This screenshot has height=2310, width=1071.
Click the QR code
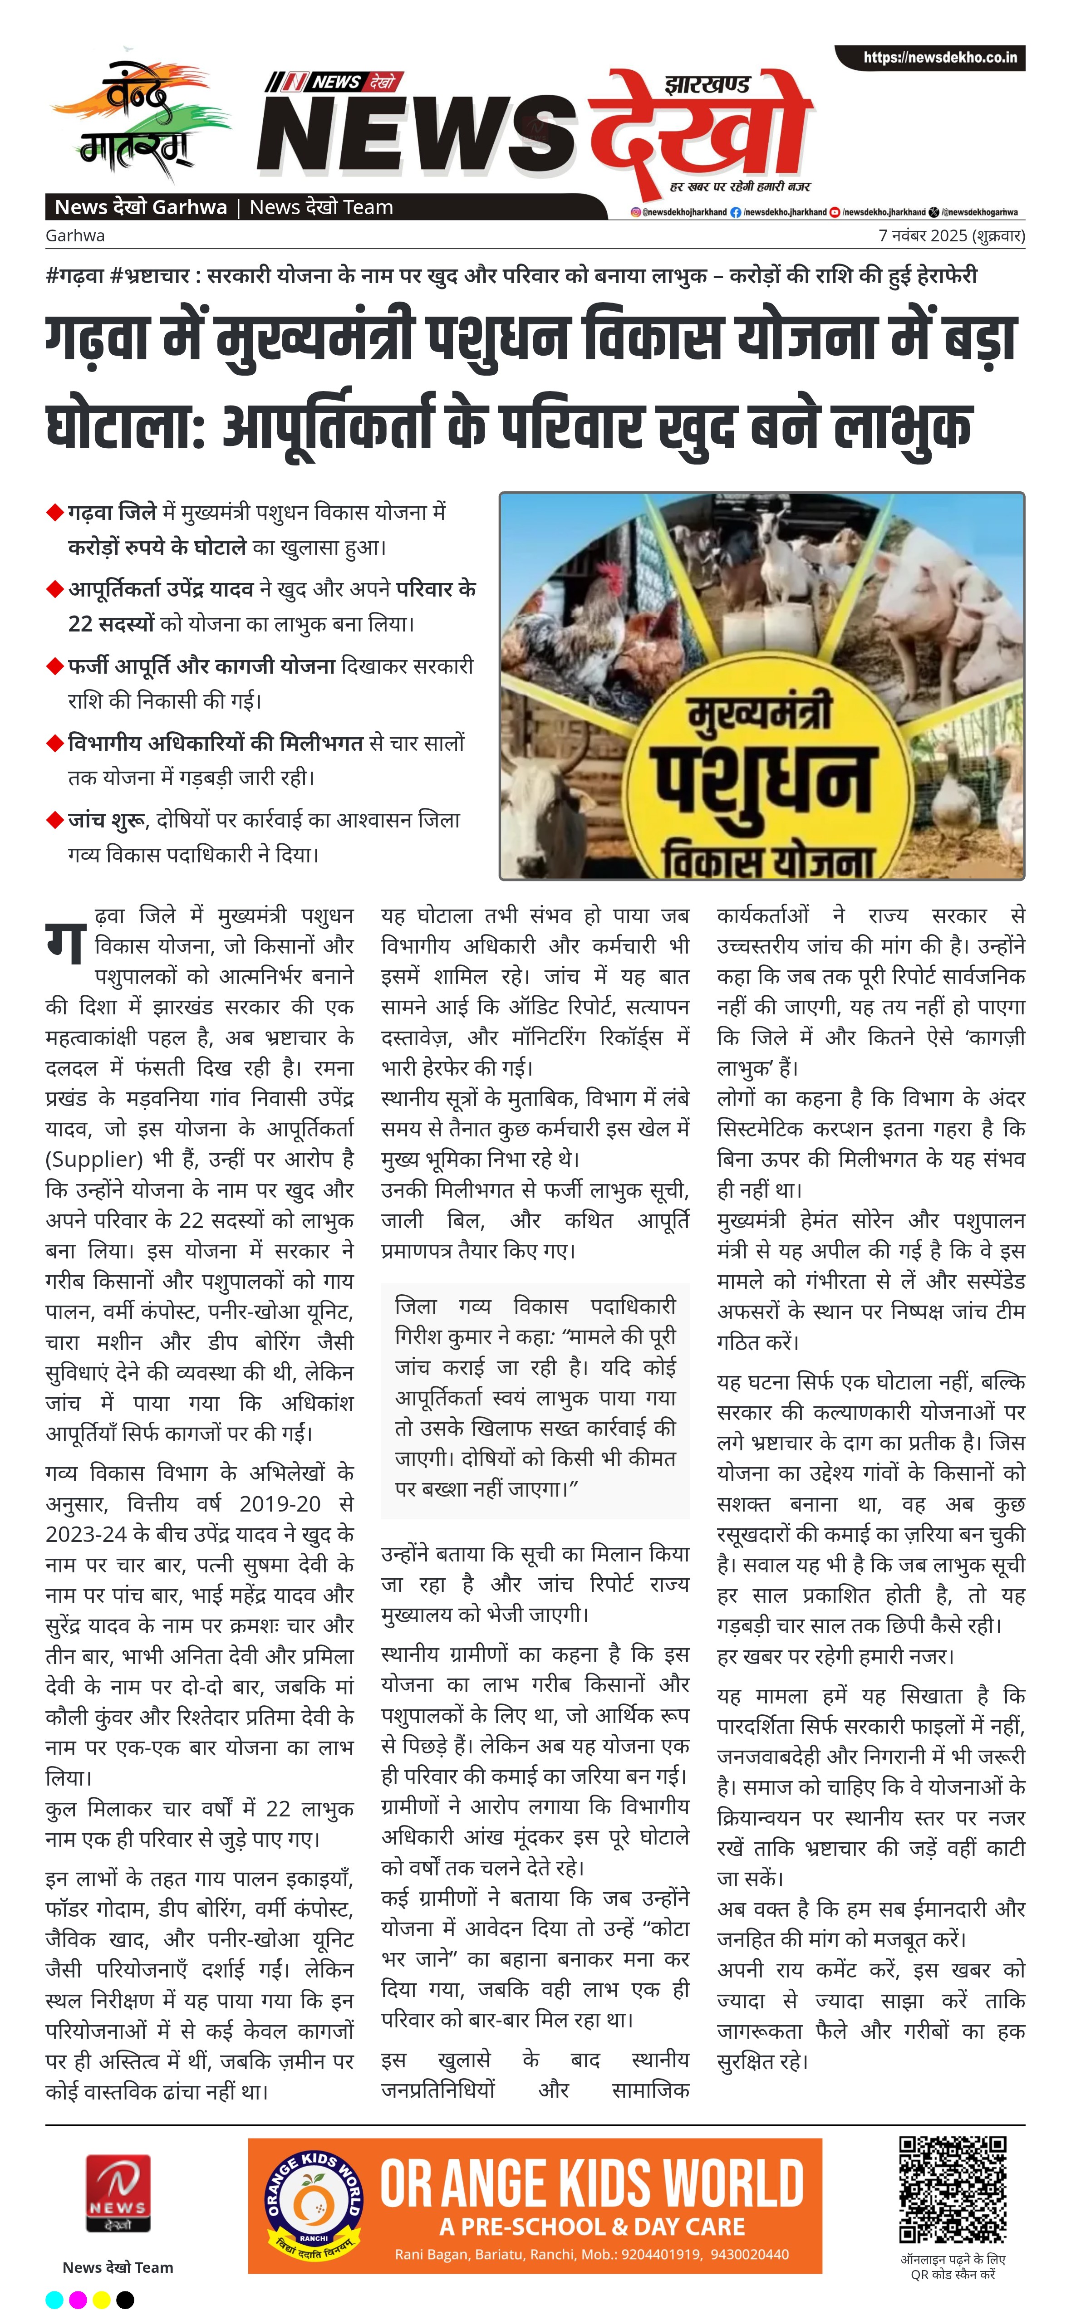(x=953, y=2190)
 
